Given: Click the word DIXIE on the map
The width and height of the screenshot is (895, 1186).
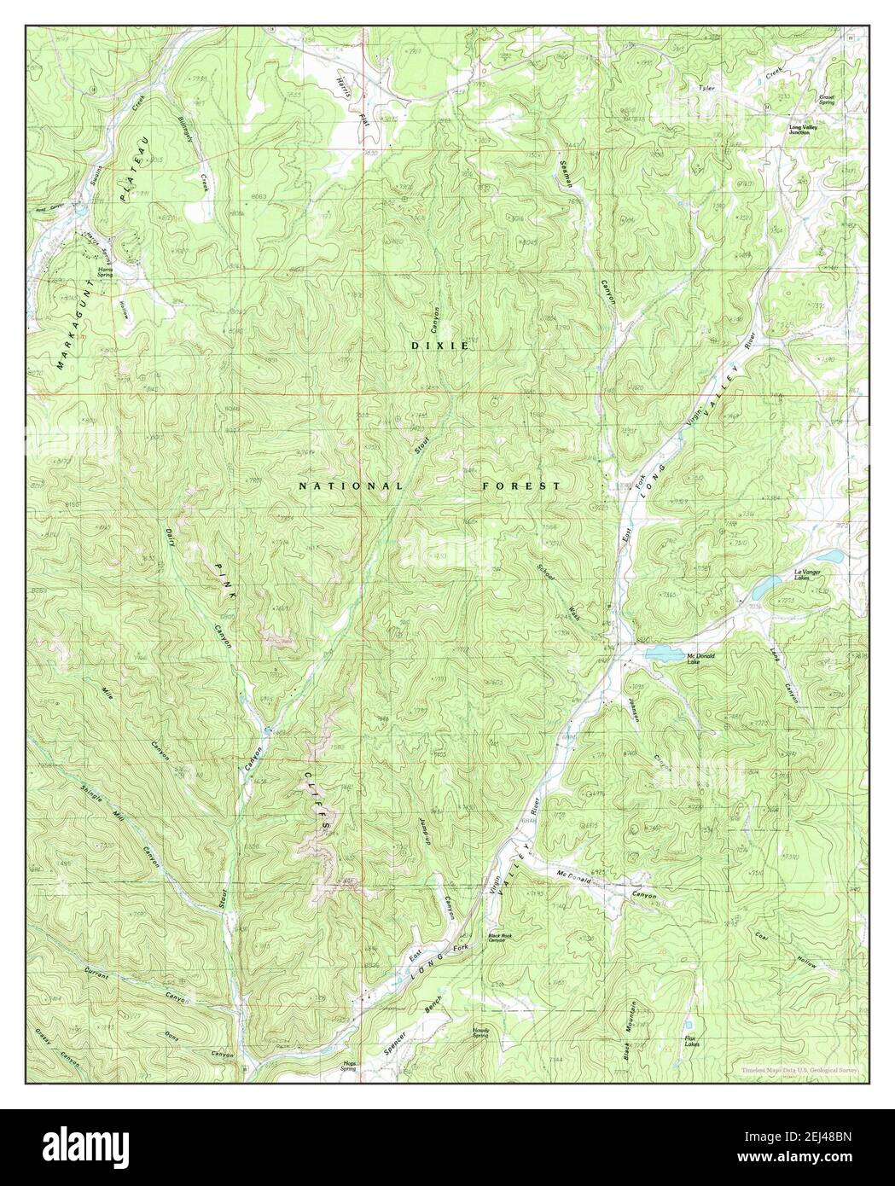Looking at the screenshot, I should tap(440, 346).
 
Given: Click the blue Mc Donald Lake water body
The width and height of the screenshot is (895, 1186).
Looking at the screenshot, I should tap(661, 654).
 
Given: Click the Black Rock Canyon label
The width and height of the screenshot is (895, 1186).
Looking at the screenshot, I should tap(503, 938).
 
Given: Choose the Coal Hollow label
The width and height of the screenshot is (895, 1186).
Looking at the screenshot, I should tap(786, 946).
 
